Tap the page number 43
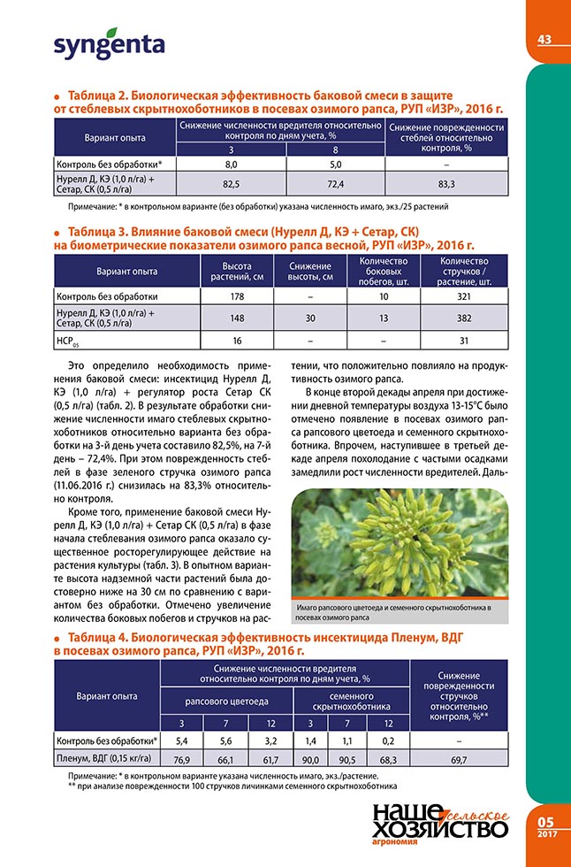[544, 39]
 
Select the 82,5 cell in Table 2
[232, 183]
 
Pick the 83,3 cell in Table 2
[446, 183]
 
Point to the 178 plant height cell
[237, 295]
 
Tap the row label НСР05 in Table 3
[68, 341]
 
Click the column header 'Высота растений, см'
[237, 271]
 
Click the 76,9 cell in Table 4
[182, 758]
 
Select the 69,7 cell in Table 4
[460, 758]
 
